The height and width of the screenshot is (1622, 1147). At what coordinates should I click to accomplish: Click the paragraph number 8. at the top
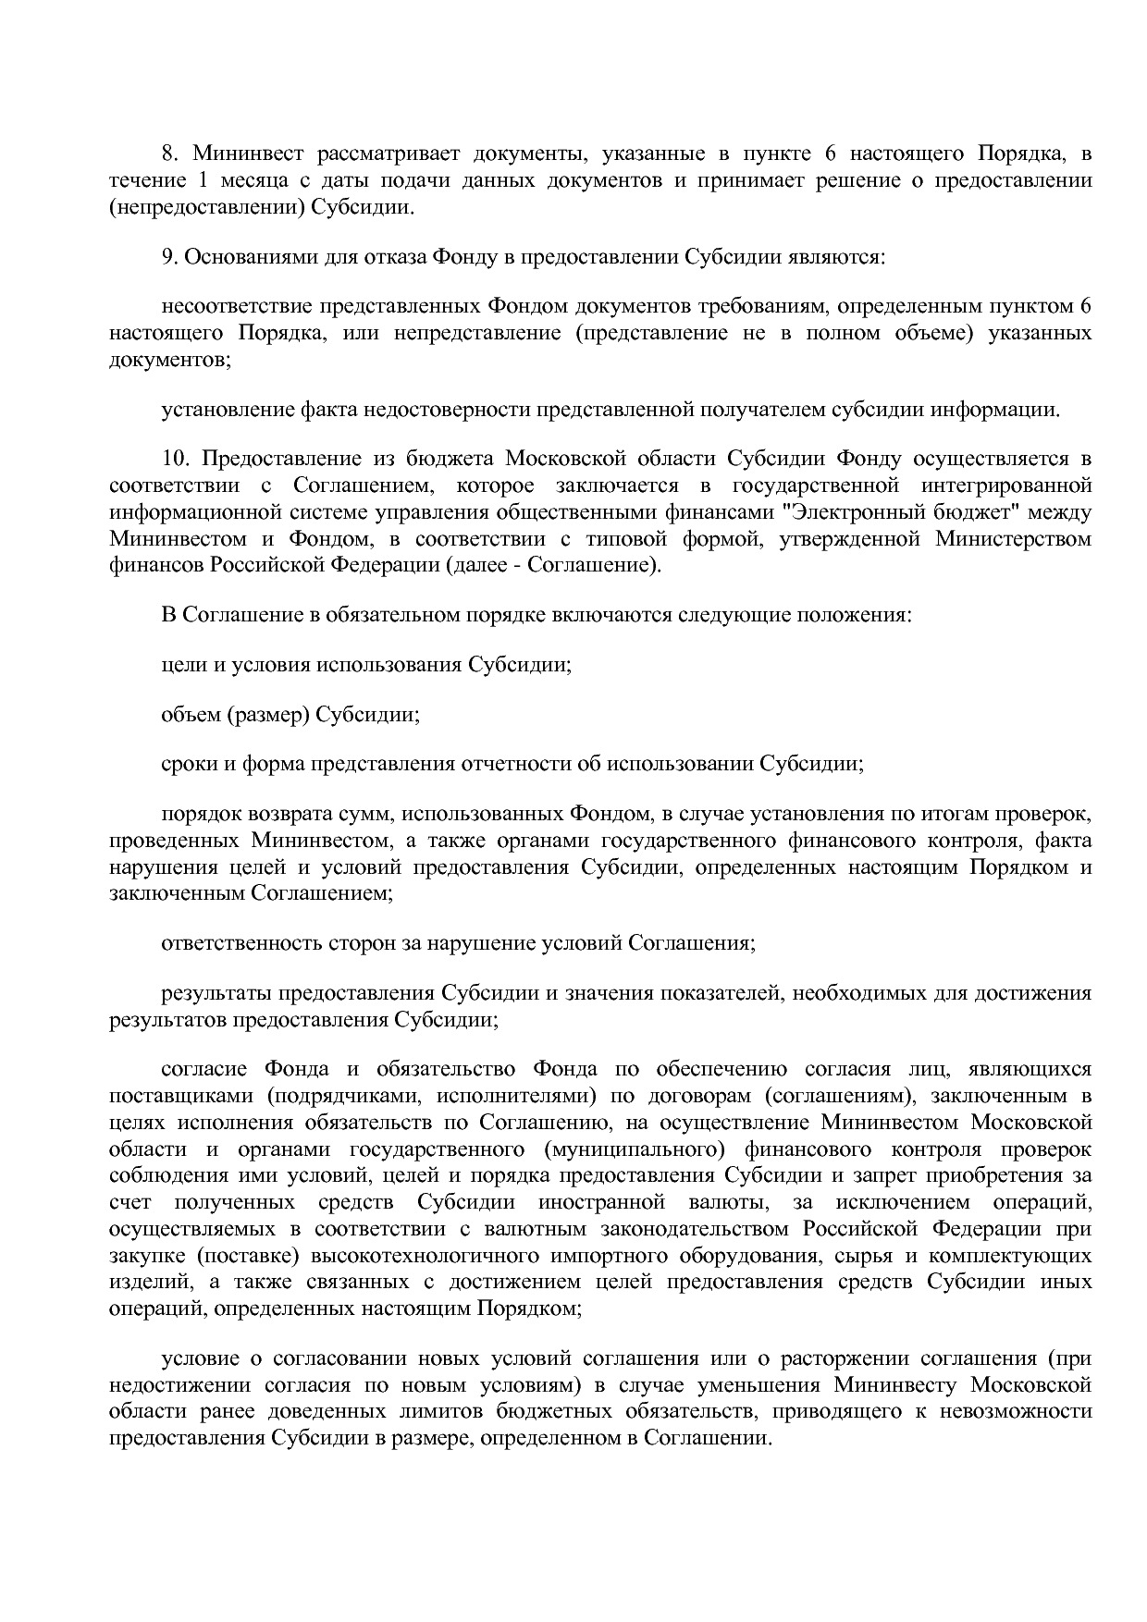(169, 154)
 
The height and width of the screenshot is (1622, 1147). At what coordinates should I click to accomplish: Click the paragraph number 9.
(169, 257)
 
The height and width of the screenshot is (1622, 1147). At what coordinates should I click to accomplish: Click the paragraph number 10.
(175, 460)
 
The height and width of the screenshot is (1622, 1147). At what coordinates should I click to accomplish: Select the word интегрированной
(1015, 485)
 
